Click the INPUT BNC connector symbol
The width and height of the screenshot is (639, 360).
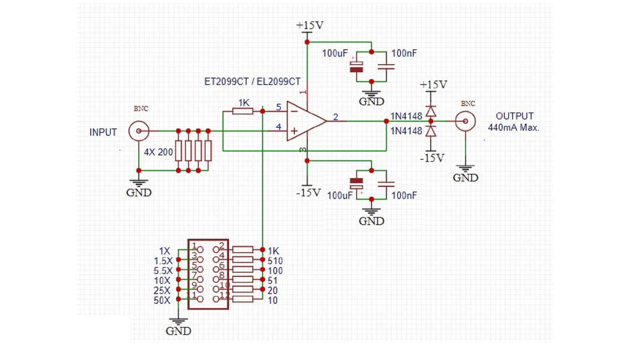point(139,131)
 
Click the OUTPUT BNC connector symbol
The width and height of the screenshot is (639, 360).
point(465,121)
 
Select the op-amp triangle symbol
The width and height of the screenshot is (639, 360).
point(304,121)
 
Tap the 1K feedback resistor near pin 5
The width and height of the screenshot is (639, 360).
point(243,111)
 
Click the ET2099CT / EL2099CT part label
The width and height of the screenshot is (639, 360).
point(252,82)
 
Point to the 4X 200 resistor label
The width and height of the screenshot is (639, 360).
point(158,152)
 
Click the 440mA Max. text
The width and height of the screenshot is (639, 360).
point(513,128)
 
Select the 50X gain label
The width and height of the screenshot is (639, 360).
point(162,300)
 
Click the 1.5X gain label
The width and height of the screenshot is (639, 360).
point(163,261)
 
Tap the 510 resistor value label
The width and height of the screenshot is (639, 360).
point(275,261)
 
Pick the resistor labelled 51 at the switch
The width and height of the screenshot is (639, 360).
point(243,279)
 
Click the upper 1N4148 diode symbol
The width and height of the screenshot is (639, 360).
point(431,111)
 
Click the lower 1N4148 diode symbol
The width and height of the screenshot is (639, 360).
point(431,131)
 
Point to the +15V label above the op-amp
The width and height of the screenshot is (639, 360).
point(310,26)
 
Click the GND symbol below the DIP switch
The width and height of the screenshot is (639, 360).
point(178,322)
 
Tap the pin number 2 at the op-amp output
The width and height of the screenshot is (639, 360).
point(335,117)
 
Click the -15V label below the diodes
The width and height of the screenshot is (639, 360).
point(432,159)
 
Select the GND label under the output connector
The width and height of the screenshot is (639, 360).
point(465,178)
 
